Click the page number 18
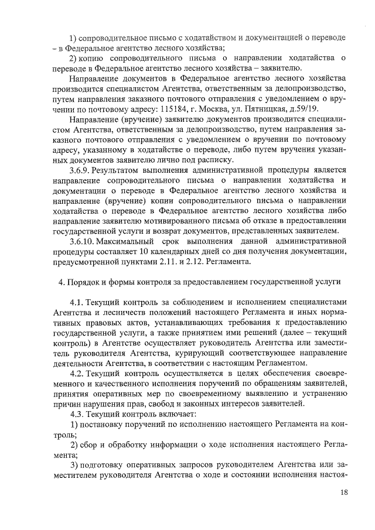[x=344, y=493]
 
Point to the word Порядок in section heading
[x=85, y=282]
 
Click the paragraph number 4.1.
[x=77, y=302]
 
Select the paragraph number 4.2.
[x=77, y=374]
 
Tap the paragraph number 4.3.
[x=77, y=415]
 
